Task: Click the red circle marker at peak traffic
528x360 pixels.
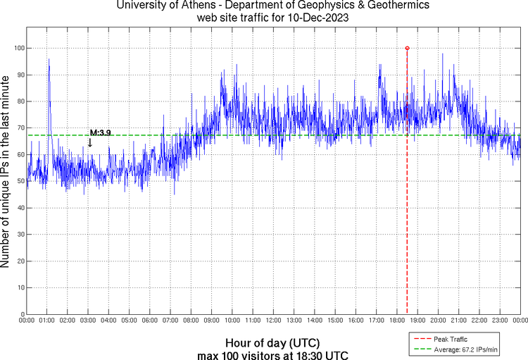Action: click(407, 48)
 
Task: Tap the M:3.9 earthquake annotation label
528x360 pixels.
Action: click(100, 132)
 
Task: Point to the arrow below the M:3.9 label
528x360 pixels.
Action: click(89, 142)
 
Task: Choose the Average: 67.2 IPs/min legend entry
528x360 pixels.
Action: click(460, 349)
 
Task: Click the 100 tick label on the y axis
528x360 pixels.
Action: click(18, 48)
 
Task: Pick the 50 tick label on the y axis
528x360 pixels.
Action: click(19, 181)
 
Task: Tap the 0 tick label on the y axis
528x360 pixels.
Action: click(21, 314)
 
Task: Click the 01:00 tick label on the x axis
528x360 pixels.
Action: click(47, 321)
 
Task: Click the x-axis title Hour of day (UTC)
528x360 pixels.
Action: click(273, 342)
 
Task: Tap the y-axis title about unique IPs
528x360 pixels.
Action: click(6, 173)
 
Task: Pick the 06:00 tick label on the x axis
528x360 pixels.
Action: click(150, 321)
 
